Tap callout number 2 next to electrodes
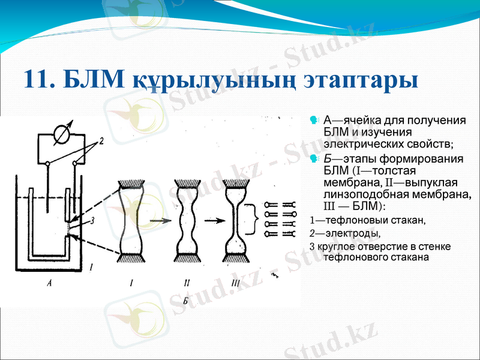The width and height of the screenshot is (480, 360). coord(102,142)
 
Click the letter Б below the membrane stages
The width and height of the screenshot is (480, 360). coord(185,301)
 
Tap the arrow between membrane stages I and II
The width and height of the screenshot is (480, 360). coord(158,221)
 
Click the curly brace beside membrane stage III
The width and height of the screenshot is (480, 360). coord(256,220)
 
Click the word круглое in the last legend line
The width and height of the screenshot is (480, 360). coord(335,247)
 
